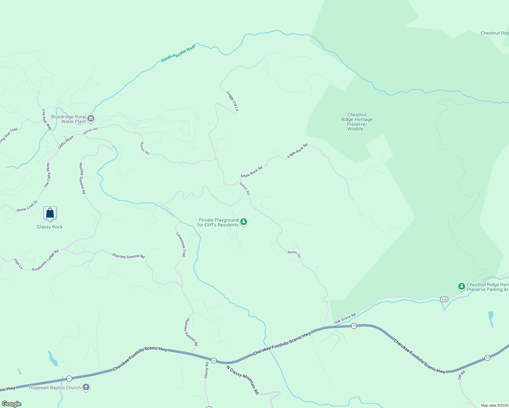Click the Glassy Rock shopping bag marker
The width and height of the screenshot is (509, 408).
coord(50,214)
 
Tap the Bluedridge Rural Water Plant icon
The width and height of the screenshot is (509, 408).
coord(91,119)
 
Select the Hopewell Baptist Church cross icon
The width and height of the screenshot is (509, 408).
coord(86,387)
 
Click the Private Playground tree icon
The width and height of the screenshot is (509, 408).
coord(243,222)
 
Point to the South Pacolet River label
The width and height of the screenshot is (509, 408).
coord(178,53)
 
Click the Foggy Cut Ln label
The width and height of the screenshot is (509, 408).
coord(233,101)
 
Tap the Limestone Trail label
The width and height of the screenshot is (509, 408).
coord(181,244)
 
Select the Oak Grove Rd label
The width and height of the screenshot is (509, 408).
coord(345,319)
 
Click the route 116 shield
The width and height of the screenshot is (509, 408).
coord(444,299)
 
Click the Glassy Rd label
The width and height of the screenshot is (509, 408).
coord(206,370)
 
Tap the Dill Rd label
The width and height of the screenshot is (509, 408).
coord(461,375)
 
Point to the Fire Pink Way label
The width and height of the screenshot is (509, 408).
coord(47,119)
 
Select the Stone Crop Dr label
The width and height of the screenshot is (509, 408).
coord(27,206)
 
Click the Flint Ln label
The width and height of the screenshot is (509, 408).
coord(18,264)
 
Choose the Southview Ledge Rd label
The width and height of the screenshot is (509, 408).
coord(45,260)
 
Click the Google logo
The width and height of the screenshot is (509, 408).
coord(12,404)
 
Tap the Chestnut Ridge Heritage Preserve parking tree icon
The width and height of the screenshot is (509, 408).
coord(461,287)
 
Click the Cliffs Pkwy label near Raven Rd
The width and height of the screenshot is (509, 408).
coord(66,142)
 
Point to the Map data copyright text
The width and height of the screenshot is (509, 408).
coord(494,405)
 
